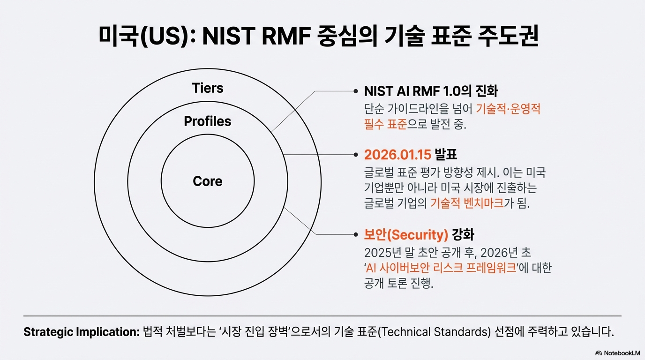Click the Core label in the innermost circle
(208, 181)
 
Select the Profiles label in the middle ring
(208, 121)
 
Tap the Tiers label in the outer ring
(208, 88)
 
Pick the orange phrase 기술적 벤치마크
(467, 204)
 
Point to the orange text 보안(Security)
(406, 234)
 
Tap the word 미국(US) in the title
(141, 36)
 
